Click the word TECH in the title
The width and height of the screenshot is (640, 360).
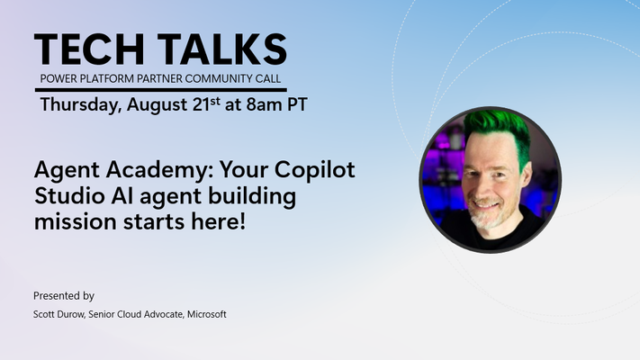(89, 49)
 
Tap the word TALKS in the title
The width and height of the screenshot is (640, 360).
(222, 49)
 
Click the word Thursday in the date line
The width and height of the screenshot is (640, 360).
(81, 105)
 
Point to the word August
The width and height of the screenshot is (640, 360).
(158, 105)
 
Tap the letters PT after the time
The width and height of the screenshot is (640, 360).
(297, 104)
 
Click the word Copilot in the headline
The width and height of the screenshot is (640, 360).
(314, 169)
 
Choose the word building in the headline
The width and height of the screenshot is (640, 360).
(252, 197)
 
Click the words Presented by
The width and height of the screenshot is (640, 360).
(64, 296)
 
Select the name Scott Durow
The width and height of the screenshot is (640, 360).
(59, 314)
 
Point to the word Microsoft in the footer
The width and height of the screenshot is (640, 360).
(206, 314)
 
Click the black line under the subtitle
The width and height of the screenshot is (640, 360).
(161, 90)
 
